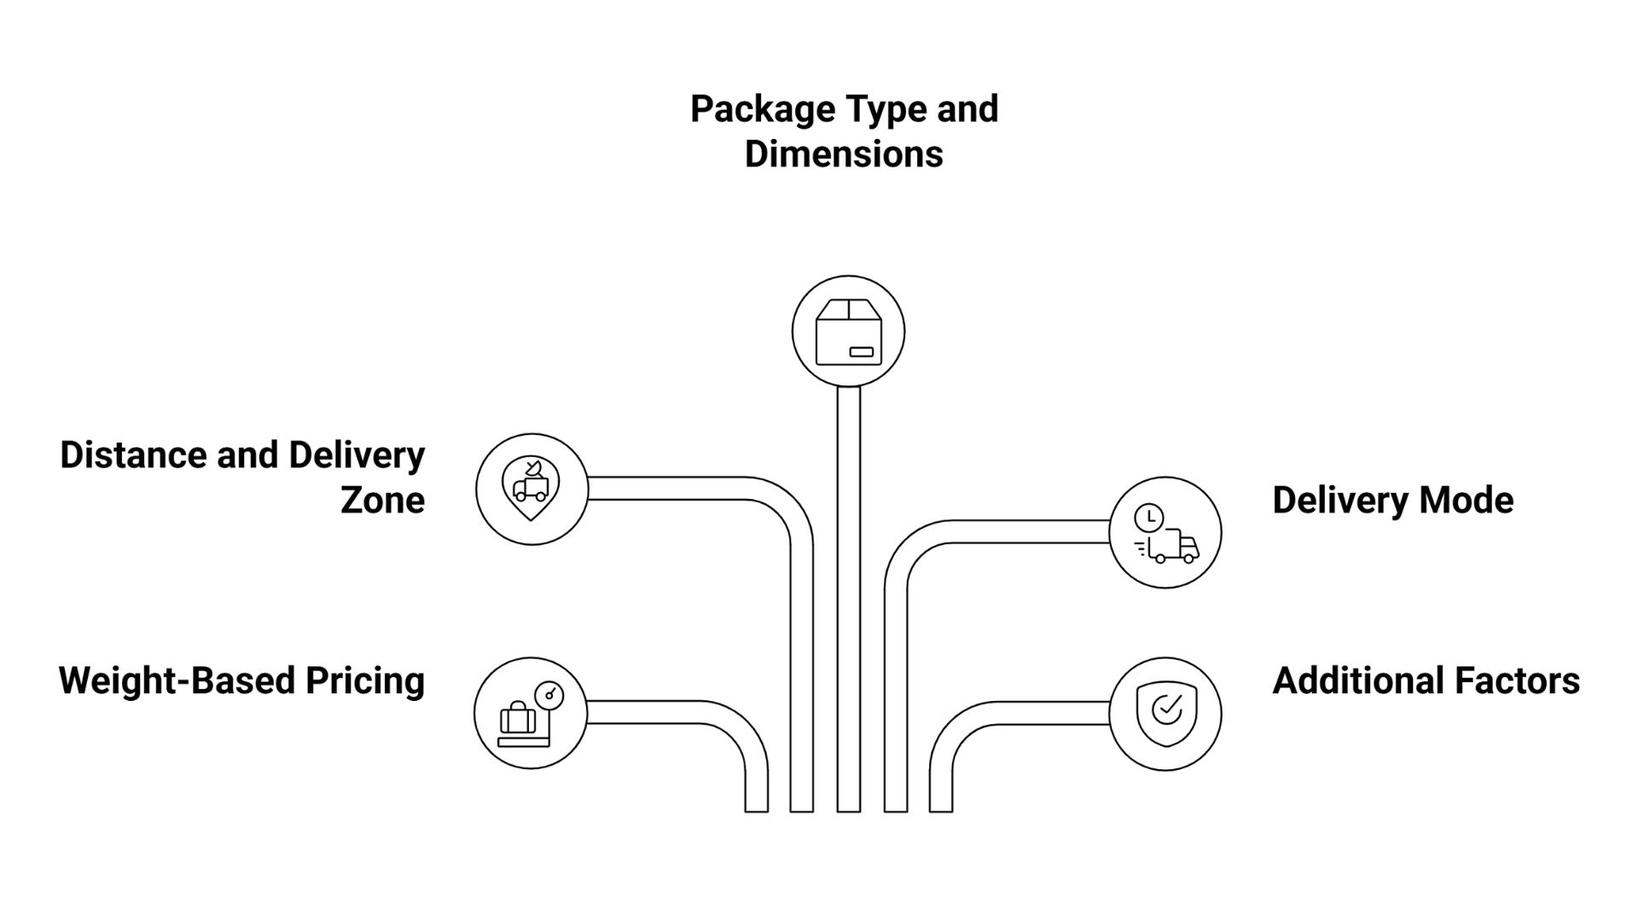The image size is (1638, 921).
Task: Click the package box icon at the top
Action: pos(848,332)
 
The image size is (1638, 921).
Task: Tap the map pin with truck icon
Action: pos(531,489)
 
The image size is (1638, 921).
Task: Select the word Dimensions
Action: pos(844,154)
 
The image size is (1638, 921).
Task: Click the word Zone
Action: pos(382,500)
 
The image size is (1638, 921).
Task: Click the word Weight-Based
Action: pos(177,681)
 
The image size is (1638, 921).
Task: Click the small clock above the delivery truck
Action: pos(1148,517)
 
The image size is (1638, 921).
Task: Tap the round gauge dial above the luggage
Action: pos(549,695)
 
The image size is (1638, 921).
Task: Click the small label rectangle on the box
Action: pos(860,351)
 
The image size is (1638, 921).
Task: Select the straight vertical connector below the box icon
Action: pos(848,597)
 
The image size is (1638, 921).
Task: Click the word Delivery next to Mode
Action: pos(1333,500)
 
